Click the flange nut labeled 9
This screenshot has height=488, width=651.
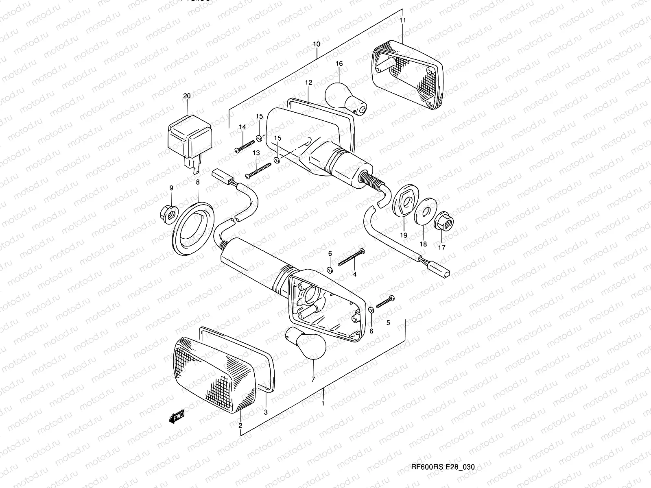(x=166, y=211)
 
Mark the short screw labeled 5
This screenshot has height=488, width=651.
(x=385, y=303)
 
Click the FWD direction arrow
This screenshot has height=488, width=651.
(x=176, y=416)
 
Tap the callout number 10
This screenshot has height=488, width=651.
(x=317, y=44)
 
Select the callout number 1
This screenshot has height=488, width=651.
(x=323, y=403)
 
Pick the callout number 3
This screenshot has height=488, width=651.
(x=266, y=412)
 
